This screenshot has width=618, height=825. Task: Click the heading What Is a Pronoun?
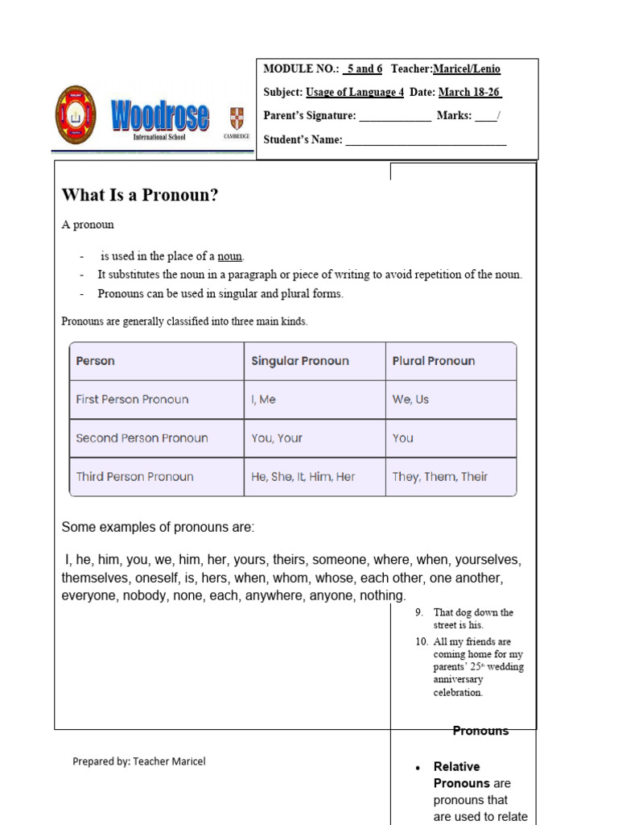(x=140, y=196)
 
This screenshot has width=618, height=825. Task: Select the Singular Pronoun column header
(x=300, y=361)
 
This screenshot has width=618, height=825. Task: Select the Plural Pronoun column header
(x=433, y=361)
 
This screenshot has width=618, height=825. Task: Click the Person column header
(x=95, y=361)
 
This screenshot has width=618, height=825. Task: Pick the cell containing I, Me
(x=265, y=400)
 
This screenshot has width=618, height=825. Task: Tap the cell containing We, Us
(x=410, y=400)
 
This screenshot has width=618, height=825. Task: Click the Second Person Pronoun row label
(x=142, y=438)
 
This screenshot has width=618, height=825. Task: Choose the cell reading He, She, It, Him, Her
(x=303, y=477)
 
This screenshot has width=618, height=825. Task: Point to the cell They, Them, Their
(x=439, y=477)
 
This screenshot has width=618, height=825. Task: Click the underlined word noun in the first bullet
(x=230, y=257)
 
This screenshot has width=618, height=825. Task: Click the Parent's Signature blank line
(x=394, y=117)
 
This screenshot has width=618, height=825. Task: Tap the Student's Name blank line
(x=426, y=141)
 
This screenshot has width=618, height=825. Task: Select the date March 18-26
(x=470, y=93)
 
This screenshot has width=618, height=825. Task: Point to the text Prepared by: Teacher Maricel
(x=138, y=761)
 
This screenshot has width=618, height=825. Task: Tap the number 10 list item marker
(x=422, y=642)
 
